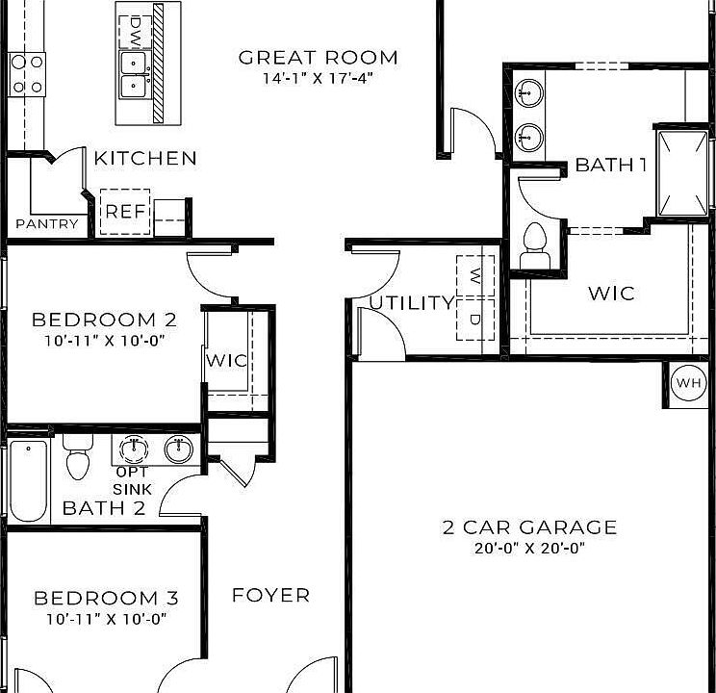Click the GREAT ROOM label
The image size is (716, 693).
pyautogui.click(x=318, y=58)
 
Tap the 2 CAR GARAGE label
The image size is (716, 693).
pyautogui.click(x=529, y=527)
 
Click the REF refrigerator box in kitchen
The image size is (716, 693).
pyautogui.click(x=125, y=212)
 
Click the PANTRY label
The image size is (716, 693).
pyautogui.click(x=47, y=224)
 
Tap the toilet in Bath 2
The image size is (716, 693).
pyautogui.click(x=77, y=458)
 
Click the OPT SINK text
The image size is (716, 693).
pyautogui.click(x=132, y=480)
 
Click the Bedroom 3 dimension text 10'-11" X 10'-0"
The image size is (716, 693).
pyautogui.click(x=106, y=619)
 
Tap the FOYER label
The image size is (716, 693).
pyautogui.click(x=271, y=596)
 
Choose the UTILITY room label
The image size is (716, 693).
pyautogui.click(x=412, y=303)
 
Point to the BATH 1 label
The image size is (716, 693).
pyautogui.click(x=610, y=165)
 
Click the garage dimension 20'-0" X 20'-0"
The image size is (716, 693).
pyautogui.click(x=529, y=549)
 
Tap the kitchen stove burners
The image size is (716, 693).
pyautogui.click(x=27, y=73)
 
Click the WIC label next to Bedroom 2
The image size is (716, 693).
pyautogui.click(x=226, y=361)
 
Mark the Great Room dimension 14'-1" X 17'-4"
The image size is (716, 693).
pyautogui.click(x=318, y=78)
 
